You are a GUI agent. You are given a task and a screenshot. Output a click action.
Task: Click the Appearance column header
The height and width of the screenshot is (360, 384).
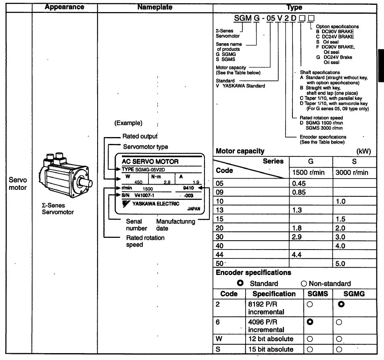[x=65, y=7]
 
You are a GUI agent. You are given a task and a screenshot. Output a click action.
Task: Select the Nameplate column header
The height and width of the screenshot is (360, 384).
[x=155, y=7]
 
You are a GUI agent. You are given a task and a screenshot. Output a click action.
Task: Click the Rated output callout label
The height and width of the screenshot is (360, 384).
[x=140, y=137]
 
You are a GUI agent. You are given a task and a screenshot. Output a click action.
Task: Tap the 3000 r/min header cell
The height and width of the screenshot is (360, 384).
[x=352, y=173]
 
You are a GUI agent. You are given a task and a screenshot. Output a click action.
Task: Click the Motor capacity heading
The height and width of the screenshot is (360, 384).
[x=240, y=152]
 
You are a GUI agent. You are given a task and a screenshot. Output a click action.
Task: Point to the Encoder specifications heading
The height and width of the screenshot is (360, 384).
[x=253, y=273]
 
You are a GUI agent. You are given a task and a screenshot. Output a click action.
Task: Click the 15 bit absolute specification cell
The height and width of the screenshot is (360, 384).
[x=271, y=349]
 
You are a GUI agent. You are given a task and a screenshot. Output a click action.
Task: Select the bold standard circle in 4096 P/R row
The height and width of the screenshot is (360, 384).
[x=311, y=322]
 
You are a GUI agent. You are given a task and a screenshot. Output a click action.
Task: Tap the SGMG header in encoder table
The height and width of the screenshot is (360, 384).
[x=354, y=294]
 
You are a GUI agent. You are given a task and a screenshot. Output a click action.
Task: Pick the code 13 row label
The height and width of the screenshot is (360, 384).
[x=220, y=210]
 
